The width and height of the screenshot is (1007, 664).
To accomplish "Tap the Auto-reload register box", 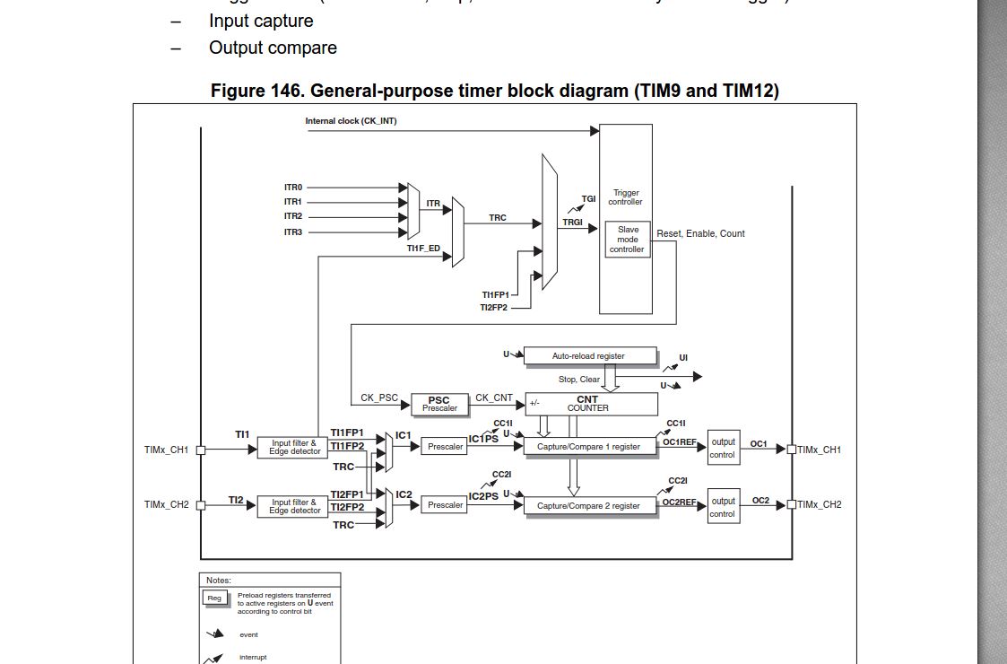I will click(588, 356).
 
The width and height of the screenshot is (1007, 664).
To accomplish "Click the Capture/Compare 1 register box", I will click(588, 446).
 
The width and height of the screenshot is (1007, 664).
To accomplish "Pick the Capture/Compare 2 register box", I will click(588, 505).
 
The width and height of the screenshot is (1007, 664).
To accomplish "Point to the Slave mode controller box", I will click(628, 240).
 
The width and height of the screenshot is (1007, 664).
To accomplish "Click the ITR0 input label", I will click(293, 188).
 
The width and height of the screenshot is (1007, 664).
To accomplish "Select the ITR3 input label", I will click(293, 232).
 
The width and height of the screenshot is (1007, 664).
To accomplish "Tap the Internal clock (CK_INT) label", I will click(351, 121).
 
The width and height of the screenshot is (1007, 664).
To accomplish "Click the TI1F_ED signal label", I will click(422, 249).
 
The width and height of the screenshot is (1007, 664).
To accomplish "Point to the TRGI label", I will click(572, 222).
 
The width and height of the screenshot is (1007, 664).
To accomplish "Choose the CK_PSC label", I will click(379, 398).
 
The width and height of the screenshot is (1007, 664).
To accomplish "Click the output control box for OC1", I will click(723, 448).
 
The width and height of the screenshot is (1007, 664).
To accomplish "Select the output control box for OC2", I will click(723, 507).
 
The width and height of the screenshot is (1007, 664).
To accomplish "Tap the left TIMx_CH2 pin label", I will click(167, 505).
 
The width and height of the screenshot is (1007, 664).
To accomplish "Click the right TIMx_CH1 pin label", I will click(820, 449).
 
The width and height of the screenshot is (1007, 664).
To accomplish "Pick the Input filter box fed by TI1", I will click(294, 447).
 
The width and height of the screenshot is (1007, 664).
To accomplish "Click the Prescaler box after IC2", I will click(445, 505).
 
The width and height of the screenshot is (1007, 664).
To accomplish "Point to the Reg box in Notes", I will click(214, 598).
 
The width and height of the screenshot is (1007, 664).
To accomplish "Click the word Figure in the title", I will click(240, 91).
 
